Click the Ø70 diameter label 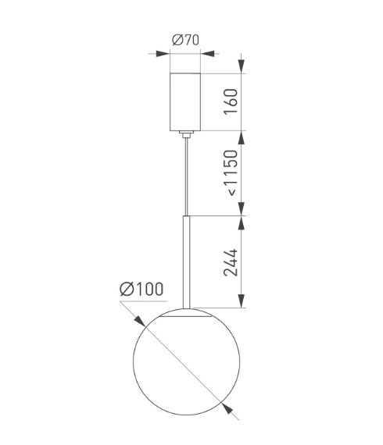click(185, 40)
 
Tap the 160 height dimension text click(231, 101)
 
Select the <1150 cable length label click(231, 173)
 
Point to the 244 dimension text click(231, 262)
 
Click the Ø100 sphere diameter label click(141, 289)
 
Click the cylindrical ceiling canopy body click(185, 102)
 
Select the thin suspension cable click(186, 176)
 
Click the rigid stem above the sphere click(186, 262)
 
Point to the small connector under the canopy click(186, 134)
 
